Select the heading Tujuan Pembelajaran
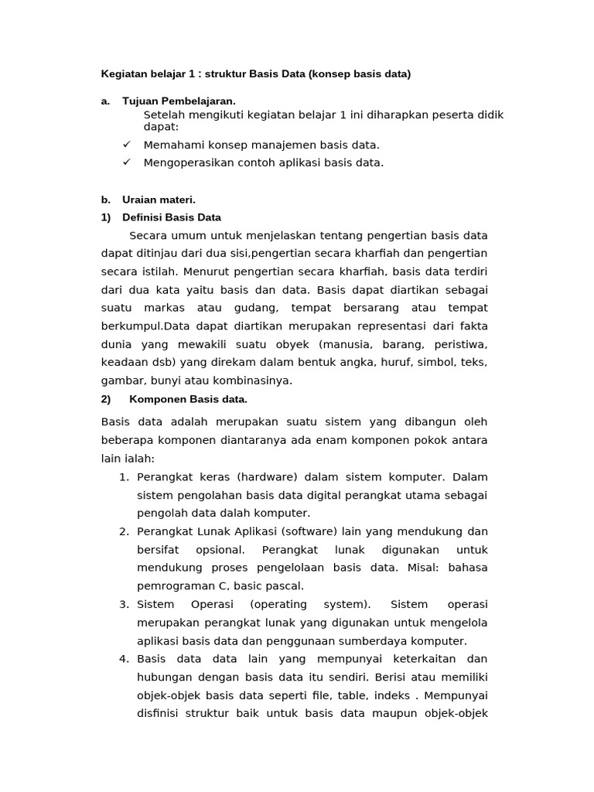(179, 101)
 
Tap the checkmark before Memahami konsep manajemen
(128, 145)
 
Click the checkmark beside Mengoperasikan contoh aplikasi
(128, 162)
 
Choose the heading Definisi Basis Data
(172, 217)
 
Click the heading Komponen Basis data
(188, 399)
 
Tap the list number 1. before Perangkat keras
(125, 476)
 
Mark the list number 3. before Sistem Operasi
(125, 604)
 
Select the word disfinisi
(158, 713)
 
